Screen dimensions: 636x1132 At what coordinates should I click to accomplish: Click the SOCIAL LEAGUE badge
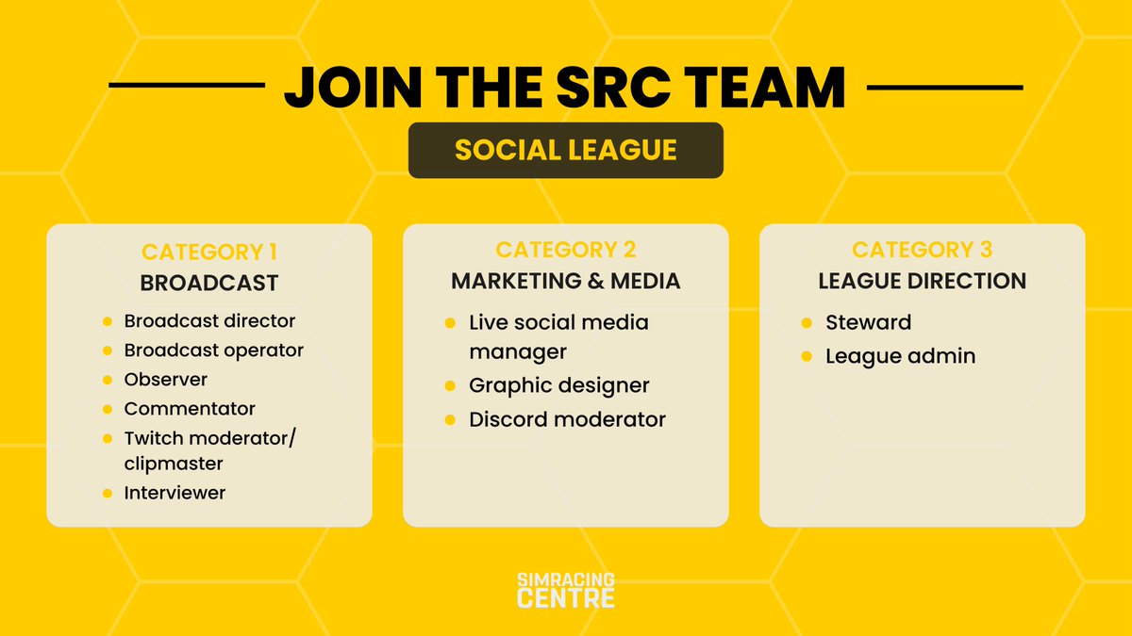click(x=565, y=150)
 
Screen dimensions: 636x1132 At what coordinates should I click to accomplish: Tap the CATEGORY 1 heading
click(x=208, y=253)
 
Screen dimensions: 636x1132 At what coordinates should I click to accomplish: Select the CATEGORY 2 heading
click(x=565, y=250)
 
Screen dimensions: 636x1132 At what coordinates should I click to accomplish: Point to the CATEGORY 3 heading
click(x=922, y=250)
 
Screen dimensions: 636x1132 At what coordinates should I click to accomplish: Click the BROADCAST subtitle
click(x=208, y=283)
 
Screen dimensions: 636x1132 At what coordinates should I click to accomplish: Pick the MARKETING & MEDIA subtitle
click(x=565, y=281)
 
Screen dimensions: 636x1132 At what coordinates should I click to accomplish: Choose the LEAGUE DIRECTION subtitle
click(x=922, y=281)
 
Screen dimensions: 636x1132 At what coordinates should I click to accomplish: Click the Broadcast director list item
click(x=209, y=321)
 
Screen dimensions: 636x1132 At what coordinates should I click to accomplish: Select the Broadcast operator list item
click(x=213, y=351)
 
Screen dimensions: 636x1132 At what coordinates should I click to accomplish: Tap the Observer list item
click(x=166, y=380)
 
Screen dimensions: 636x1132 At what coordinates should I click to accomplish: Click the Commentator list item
click(x=190, y=409)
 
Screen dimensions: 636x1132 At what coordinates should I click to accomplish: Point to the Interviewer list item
click(x=175, y=493)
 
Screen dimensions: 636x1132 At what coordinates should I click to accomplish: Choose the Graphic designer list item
click(x=559, y=385)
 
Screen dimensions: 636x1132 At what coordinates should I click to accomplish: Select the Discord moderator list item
click(x=567, y=419)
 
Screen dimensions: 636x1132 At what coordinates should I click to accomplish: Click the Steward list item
click(x=868, y=322)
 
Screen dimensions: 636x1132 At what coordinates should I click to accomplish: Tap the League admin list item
click(x=900, y=356)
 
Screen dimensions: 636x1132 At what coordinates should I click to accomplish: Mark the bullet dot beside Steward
click(x=807, y=323)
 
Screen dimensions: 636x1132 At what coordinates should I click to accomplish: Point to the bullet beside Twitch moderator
click(x=108, y=439)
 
